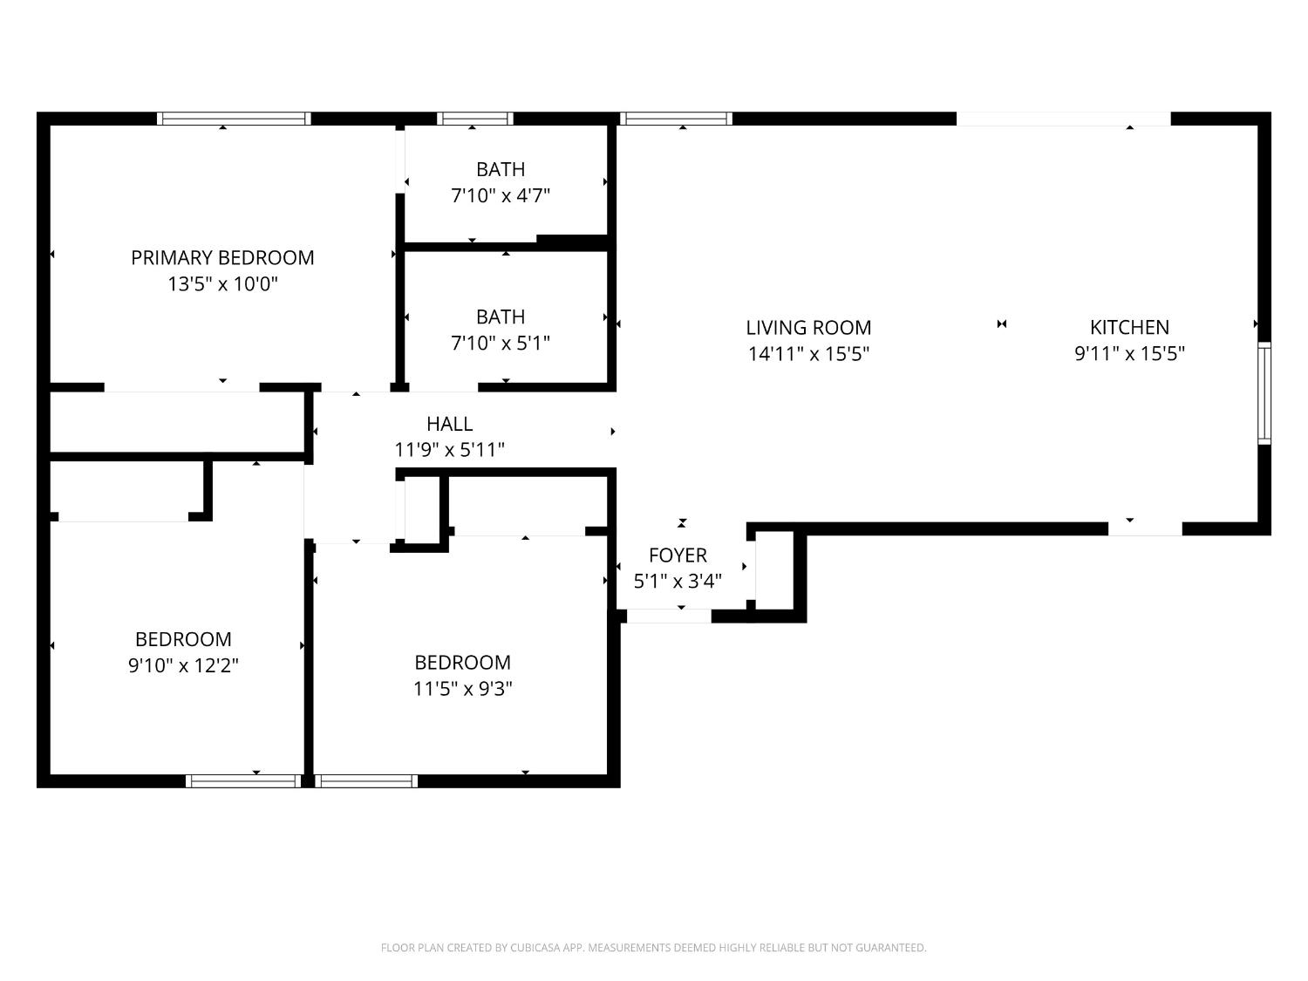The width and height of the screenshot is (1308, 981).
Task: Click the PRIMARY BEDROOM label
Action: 222,258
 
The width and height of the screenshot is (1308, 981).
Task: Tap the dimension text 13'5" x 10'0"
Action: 222,284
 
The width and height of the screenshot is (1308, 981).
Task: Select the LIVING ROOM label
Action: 808,328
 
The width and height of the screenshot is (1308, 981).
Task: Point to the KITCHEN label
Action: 1129,328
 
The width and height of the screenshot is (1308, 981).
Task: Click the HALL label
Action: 449,424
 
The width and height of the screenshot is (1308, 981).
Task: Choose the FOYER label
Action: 678,555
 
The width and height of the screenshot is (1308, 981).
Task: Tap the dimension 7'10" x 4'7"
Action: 500,195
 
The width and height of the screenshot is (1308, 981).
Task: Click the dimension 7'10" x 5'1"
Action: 500,343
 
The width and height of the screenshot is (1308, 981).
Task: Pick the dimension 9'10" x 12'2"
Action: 183,665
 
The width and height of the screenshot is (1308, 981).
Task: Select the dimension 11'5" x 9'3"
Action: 462,689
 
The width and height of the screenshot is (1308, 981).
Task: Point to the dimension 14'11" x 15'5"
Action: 808,354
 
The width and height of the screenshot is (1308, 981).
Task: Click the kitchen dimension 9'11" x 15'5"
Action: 1129,354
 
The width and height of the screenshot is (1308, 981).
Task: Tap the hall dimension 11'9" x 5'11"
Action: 449,450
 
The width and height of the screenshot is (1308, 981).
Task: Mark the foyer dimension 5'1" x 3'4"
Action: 678,581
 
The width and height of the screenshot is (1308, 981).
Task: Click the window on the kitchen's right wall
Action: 1264,393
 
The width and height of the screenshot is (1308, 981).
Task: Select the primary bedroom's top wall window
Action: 234,119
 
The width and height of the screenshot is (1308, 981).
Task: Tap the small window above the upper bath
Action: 475,119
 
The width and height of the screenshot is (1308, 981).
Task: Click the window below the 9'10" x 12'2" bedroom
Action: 243,780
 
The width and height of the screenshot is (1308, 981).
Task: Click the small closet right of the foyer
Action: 774,570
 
